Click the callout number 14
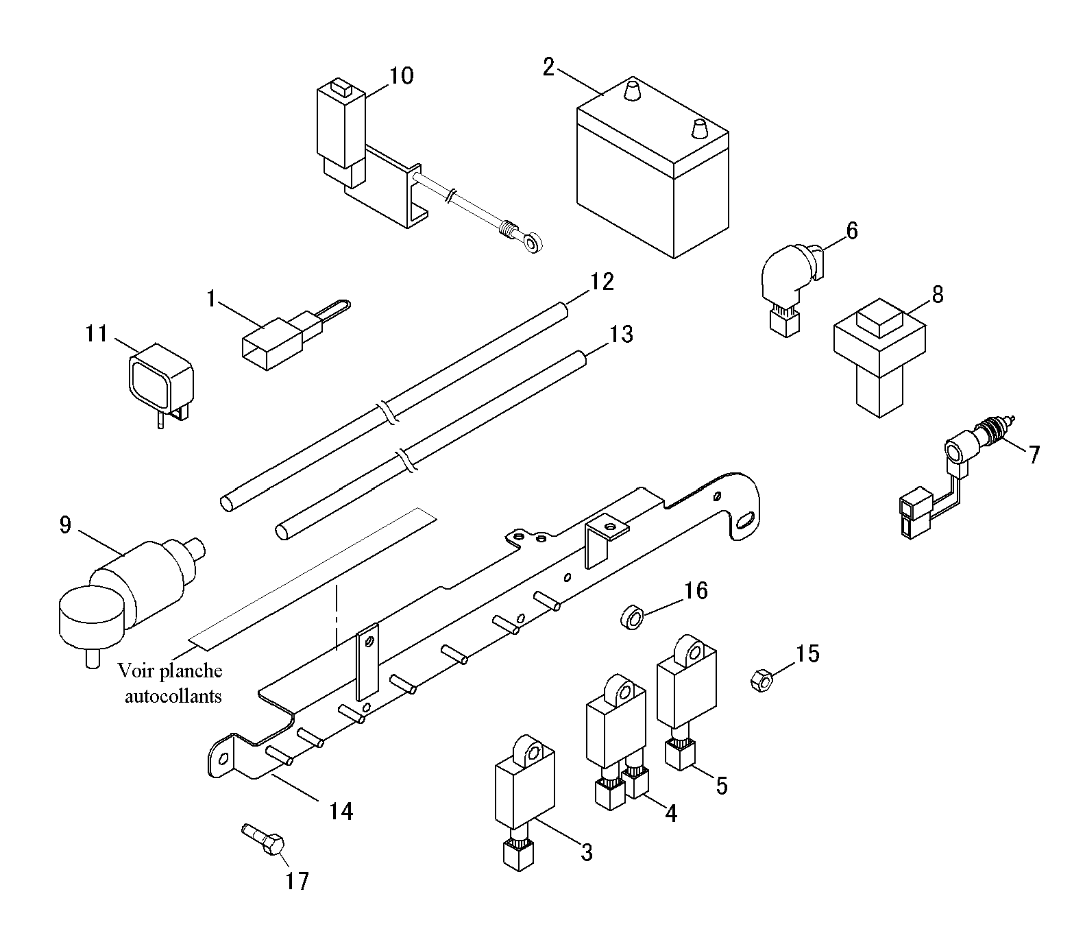[x=340, y=811]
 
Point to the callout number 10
[x=402, y=75]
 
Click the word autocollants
[x=173, y=697]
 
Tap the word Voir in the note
[x=134, y=670]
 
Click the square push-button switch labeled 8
[x=879, y=356]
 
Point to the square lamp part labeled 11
[x=161, y=385]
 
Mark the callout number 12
[x=601, y=282]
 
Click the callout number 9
[x=64, y=526]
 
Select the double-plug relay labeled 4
[x=616, y=740]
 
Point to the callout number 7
[x=1034, y=454]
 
